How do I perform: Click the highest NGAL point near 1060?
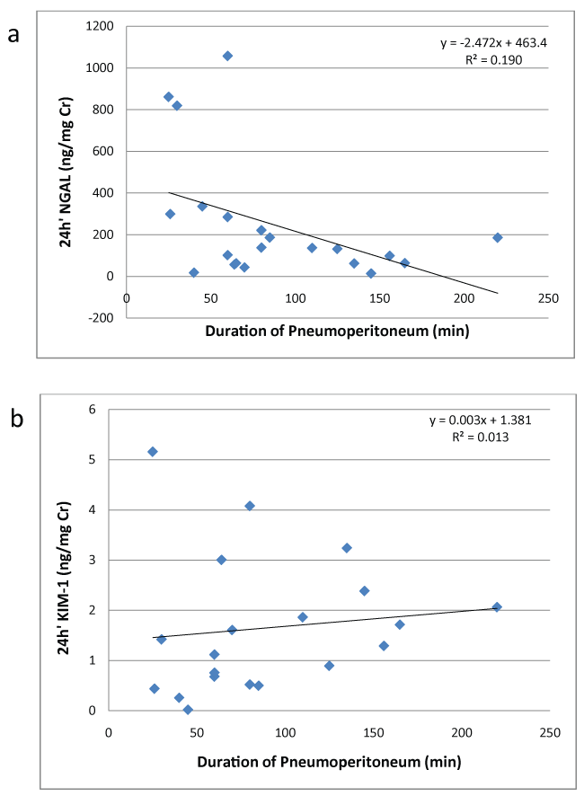(227, 56)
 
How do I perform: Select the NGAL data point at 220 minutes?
(497, 237)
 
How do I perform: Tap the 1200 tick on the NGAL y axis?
(101, 26)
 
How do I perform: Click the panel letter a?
(13, 35)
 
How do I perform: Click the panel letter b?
(15, 420)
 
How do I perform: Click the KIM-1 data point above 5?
(153, 451)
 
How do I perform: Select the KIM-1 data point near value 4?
(250, 506)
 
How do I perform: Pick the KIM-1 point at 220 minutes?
(497, 607)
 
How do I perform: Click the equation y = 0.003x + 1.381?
(486, 420)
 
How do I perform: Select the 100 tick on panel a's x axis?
(296, 298)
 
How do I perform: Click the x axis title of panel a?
(338, 330)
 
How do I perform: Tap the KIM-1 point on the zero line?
(188, 710)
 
